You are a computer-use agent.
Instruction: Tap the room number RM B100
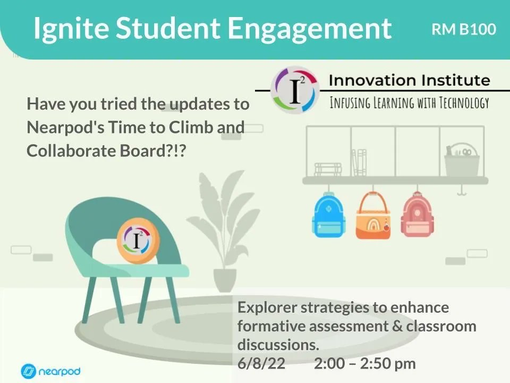pyautogui.click(x=463, y=29)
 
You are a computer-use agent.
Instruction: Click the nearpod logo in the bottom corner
pyautogui.click(x=50, y=370)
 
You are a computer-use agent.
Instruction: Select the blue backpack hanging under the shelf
pyautogui.click(x=327, y=215)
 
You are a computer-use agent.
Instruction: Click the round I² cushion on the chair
pyautogui.click(x=138, y=243)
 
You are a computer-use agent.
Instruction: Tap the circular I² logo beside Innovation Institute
pyautogui.click(x=294, y=90)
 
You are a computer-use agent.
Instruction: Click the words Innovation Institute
pyautogui.click(x=409, y=80)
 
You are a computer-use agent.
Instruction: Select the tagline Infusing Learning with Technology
pyautogui.click(x=409, y=103)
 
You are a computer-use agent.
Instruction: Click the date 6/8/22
pyautogui.click(x=261, y=364)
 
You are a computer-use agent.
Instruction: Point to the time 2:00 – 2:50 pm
pyautogui.click(x=364, y=364)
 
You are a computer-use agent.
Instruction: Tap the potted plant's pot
pyautogui.click(x=225, y=280)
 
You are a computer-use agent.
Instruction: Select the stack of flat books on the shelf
pyautogui.click(x=328, y=169)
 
